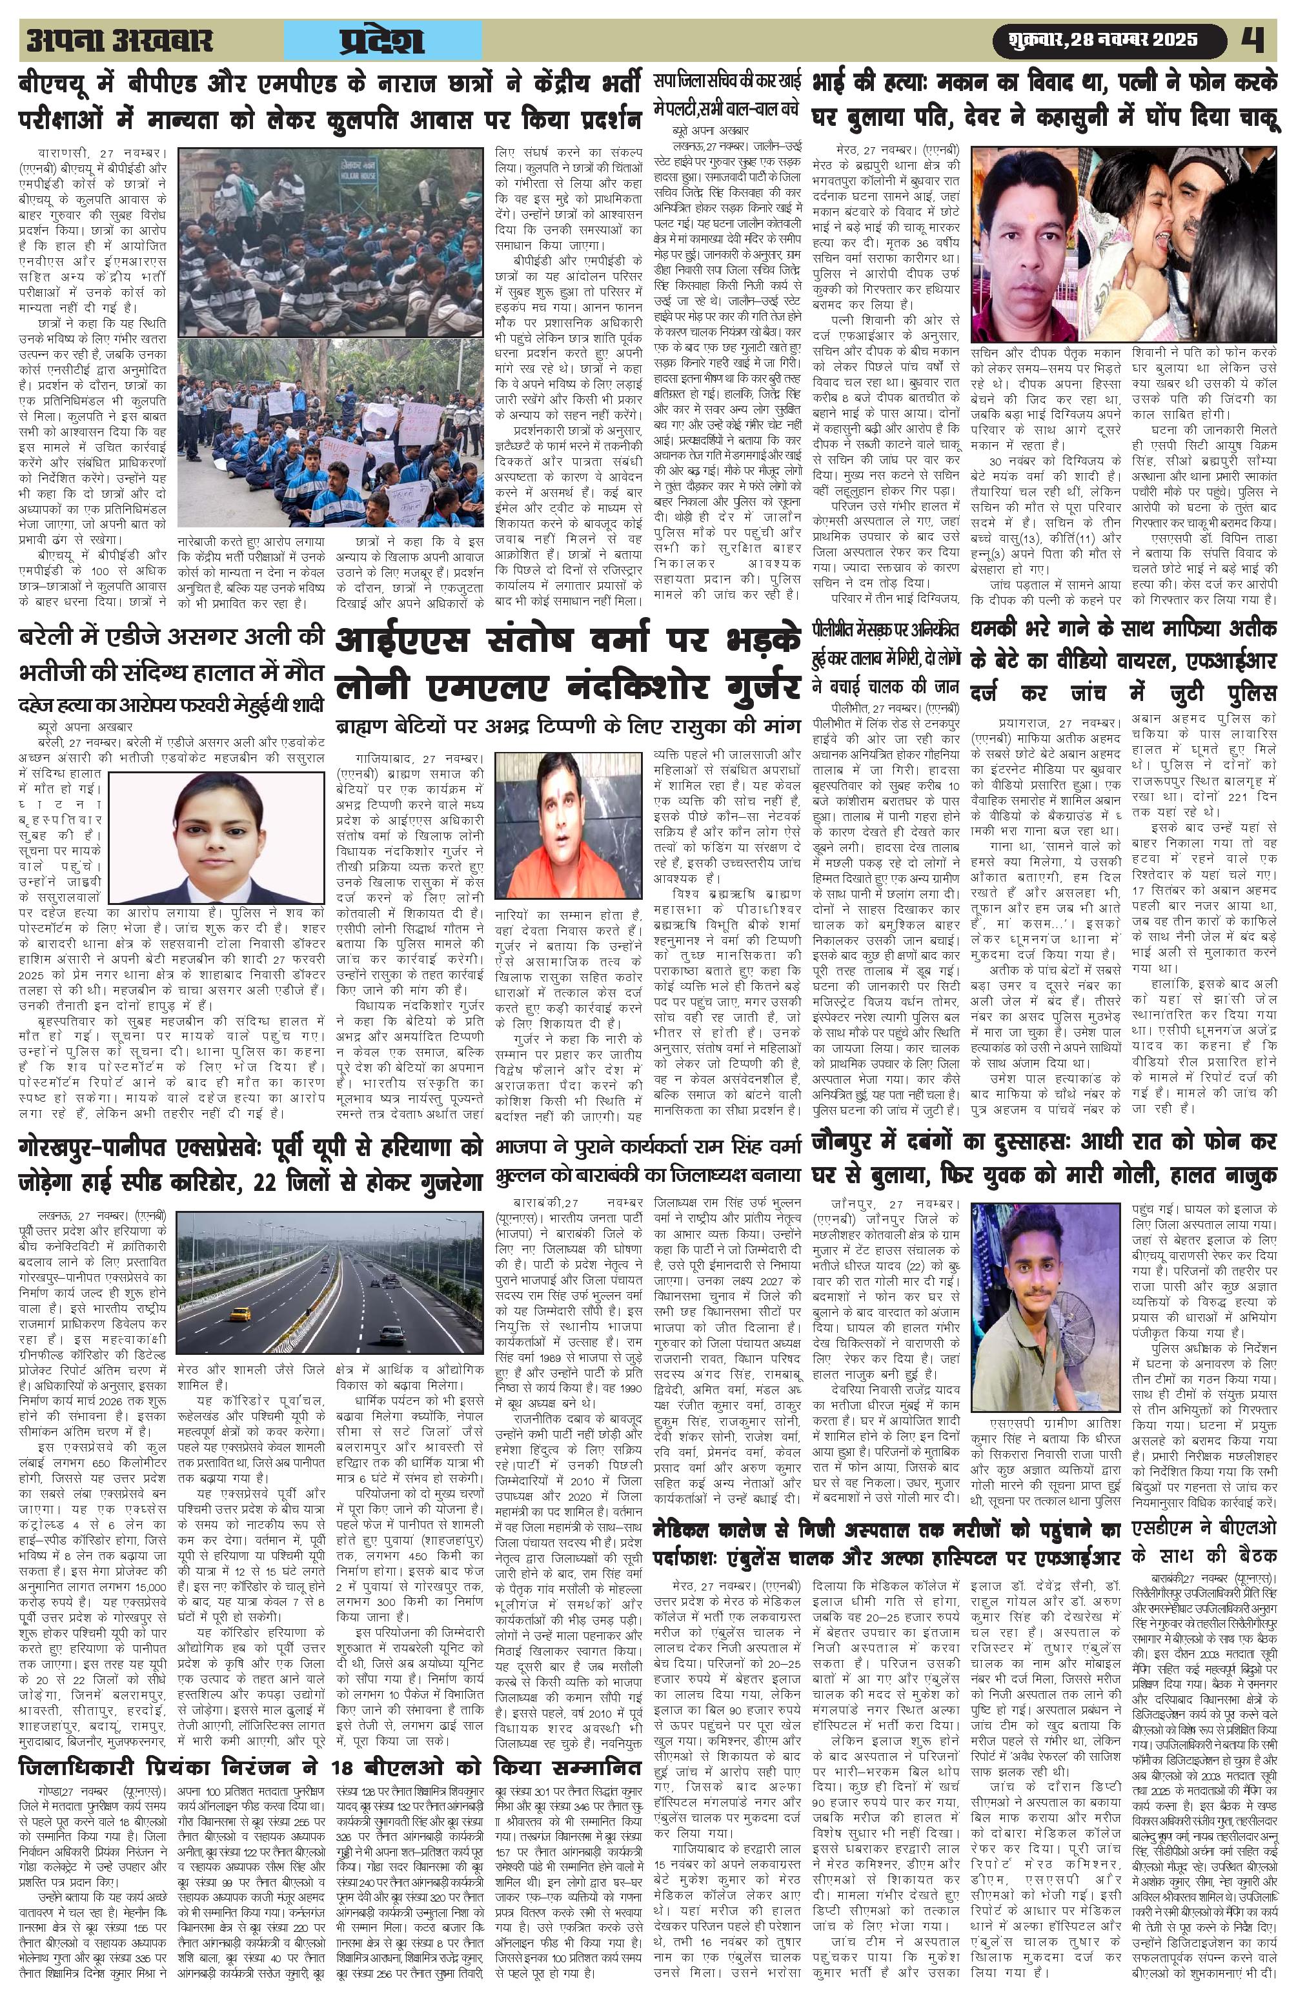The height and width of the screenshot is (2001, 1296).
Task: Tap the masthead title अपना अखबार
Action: point(119,41)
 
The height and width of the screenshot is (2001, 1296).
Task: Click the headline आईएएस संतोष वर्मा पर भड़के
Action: point(567,642)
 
